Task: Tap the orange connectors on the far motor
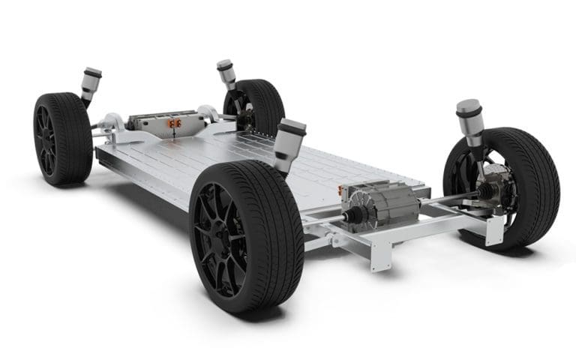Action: tap(175, 122)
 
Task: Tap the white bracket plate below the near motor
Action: tap(382, 255)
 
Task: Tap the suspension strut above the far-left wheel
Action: tap(90, 82)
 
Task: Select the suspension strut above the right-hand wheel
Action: tap(470, 120)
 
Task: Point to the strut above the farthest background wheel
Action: tap(226, 73)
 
